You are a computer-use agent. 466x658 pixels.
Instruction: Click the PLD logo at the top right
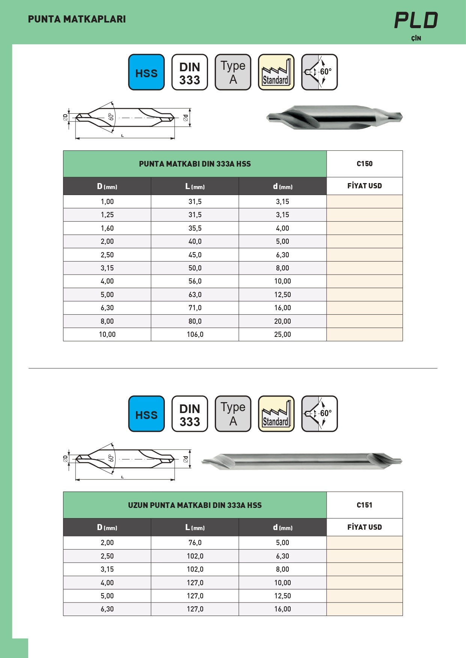[416, 20]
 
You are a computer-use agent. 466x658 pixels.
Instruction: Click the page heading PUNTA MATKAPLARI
[77, 19]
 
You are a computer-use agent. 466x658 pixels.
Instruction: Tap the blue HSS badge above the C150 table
[146, 72]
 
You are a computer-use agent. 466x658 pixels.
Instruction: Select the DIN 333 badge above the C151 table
[190, 414]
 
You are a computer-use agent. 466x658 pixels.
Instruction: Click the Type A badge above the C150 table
[233, 72]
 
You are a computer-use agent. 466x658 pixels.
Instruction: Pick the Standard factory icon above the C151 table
[276, 414]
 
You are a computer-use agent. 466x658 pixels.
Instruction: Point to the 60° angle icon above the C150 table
[320, 72]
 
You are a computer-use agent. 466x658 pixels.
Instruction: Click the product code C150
[364, 164]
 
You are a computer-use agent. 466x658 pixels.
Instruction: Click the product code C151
[364, 505]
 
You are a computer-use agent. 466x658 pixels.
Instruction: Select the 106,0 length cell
[195, 335]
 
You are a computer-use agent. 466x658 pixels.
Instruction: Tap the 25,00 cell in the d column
[282, 335]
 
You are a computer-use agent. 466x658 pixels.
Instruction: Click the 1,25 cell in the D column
[107, 215]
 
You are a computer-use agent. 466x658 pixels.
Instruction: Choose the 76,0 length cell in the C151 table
[195, 543]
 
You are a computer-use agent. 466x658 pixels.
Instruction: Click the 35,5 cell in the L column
[195, 228]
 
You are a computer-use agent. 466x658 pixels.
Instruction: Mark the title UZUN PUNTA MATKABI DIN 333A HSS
[195, 505]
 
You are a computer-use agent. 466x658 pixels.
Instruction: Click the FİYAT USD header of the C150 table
[364, 186]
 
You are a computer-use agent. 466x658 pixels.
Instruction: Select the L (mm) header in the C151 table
[195, 527]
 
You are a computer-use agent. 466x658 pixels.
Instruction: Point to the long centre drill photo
[302, 461]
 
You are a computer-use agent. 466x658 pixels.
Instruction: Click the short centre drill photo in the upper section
[334, 117]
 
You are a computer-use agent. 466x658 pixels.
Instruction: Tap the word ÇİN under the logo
[416, 38]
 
